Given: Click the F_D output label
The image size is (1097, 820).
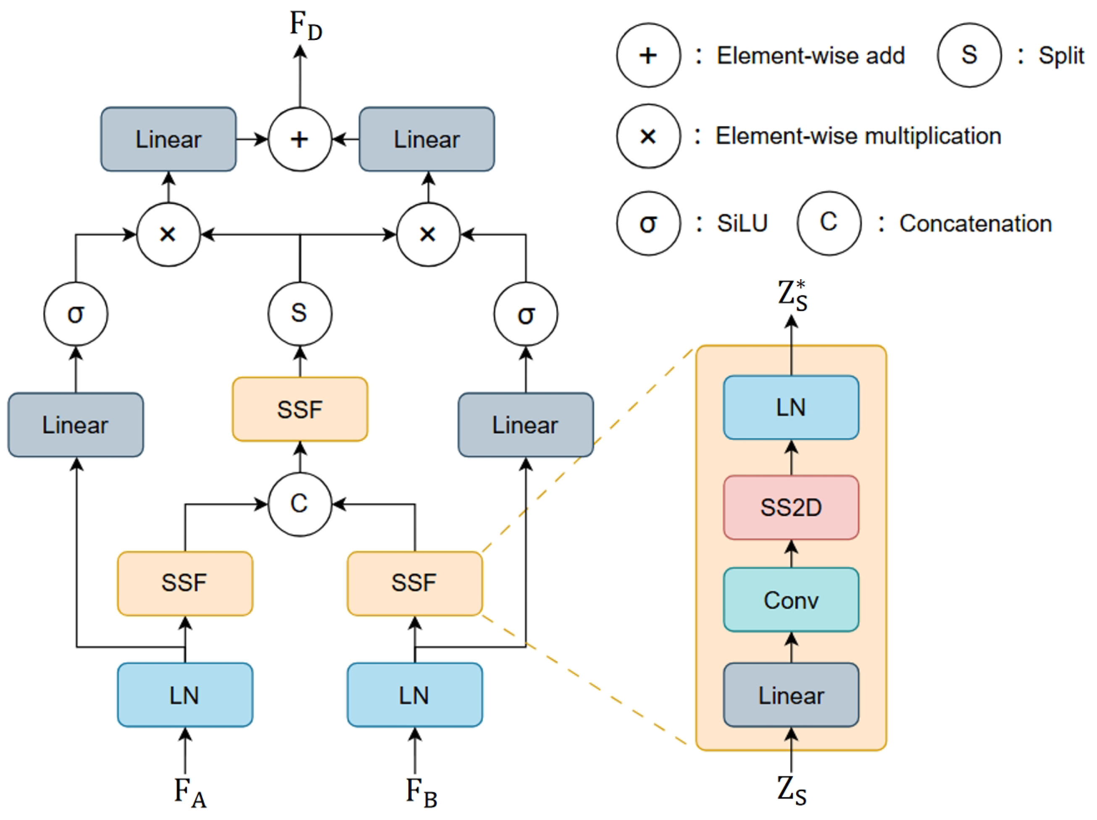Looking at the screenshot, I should [x=305, y=26].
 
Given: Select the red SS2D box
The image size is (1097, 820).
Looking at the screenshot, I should [x=791, y=507].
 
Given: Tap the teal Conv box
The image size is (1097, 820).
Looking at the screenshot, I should [x=791, y=600].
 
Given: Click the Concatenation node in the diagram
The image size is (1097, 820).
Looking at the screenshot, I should [x=300, y=504].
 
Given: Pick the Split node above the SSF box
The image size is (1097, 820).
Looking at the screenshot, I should [x=300, y=314].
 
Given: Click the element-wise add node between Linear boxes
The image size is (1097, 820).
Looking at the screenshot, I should [x=300, y=140].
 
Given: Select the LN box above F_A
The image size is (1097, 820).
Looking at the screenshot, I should [x=185, y=695].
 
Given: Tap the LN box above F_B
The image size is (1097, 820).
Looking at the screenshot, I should [x=415, y=695].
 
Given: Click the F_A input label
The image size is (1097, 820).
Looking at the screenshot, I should [x=189, y=792].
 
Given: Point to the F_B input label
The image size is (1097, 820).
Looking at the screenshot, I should [x=421, y=792].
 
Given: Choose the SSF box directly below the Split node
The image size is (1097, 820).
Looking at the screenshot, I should [x=300, y=410].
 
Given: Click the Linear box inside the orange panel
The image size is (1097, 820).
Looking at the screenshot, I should [x=791, y=695].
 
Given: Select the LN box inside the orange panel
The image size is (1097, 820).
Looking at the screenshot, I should [x=791, y=407].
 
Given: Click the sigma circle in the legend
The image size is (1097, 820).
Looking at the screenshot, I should [x=648, y=223].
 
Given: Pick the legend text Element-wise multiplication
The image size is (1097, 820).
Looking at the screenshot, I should [x=858, y=136].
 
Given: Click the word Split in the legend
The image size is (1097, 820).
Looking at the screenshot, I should [x=1061, y=56].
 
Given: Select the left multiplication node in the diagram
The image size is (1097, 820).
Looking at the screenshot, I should [x=168, y=234].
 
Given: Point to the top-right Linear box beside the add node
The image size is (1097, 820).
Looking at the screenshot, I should [x=426, y=140].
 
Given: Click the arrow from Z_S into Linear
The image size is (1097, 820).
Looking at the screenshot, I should [x=791, y=749].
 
